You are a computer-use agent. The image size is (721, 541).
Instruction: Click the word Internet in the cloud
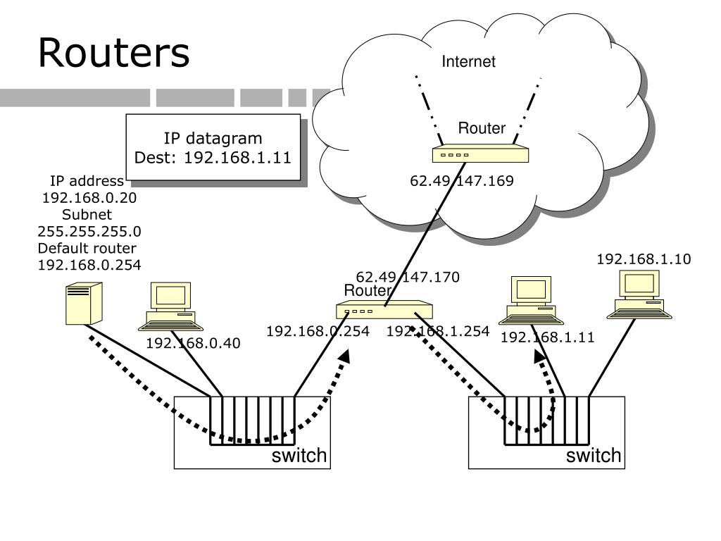tap(468, 62)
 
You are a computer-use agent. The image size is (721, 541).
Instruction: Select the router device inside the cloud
tap(480, 154)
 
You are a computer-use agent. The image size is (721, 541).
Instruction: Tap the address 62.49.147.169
tap(462, 181)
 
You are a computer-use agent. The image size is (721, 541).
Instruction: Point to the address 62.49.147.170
tap(408, 277)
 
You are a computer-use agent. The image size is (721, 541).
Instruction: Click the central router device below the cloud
tap(384, 310)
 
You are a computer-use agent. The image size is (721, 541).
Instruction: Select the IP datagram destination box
tap(213, 147)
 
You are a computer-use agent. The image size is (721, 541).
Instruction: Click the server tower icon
tap(83, 303)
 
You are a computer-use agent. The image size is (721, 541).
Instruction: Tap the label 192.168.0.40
tap(193, 343)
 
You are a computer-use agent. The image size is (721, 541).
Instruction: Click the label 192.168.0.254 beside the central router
tap(318, 331)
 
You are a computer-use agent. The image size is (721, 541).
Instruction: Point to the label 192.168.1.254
tap(437, 331)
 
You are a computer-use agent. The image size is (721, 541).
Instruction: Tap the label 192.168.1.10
tap(644, 259)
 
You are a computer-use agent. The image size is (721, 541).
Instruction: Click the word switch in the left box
tap(299, 456)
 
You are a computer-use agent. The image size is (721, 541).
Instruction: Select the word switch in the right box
tap(594, 456)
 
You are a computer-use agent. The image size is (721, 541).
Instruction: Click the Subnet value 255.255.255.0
tap(89, 231)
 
